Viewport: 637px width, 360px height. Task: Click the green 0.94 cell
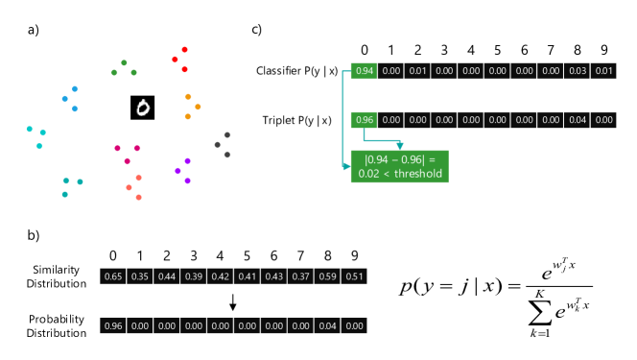[x=364, y=71]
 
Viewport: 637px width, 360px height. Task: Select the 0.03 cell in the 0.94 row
[x=578, y=71]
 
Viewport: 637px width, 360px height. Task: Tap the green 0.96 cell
[x=364, y=120]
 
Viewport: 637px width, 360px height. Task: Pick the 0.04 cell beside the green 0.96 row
[x=578, y=120]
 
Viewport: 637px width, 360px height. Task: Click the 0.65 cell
[x=113, y=276]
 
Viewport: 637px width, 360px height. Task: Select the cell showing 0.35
[x=140, y=276]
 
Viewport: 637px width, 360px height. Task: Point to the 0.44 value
[x=167, y=276]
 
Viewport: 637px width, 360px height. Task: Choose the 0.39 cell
[x=194, y=276]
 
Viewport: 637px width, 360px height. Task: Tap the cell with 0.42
[x=221, y=276]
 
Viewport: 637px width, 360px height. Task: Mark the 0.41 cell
[x=248, y=276]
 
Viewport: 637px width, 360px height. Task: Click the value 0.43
[x=274, y=276]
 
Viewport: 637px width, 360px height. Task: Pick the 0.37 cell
[x=301, y=276]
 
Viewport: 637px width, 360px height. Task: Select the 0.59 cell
[x=328, y=276]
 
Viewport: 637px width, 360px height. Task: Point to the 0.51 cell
[x=355, y=276]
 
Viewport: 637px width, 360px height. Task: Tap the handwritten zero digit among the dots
[x=143, y=108]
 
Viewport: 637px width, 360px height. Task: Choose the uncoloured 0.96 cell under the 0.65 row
[x=113, y=325]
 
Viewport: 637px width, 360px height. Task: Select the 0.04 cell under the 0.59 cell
[x=328, y=325]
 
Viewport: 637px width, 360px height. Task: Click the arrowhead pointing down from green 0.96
[x=400, y=145]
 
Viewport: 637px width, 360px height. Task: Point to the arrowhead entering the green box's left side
[x=346, y=166]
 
